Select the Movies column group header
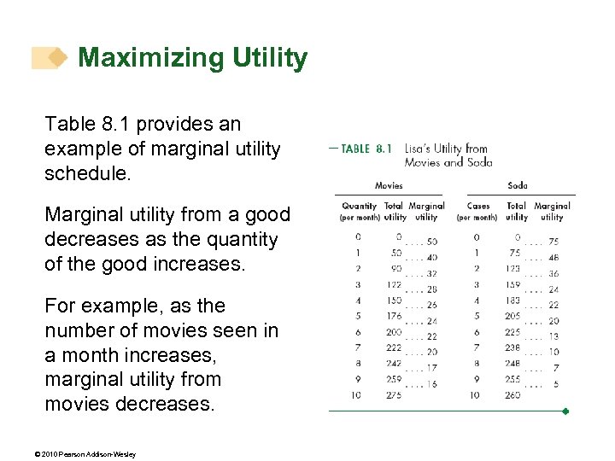tap(389, 185)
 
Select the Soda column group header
tap(518, 185)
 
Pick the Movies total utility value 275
tap(393, 396)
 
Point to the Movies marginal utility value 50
tap(431, 242)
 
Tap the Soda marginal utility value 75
tap(553, 242)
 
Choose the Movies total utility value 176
tap(393, 317)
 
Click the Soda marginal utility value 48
tap(553, 258)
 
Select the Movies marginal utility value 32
tap(431, 274)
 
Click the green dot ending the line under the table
tap(565, 411)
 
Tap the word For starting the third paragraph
tap(62, 306)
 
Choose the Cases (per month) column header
tap(477, 211)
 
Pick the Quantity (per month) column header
tap(359, 211)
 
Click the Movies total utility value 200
tap(393, 333)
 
